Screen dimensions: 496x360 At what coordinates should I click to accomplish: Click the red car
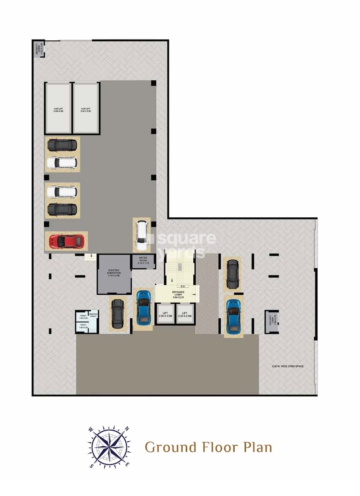[x=66, y=241]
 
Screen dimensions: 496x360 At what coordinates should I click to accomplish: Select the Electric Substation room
[x=114, y=274]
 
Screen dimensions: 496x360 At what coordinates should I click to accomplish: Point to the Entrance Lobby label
[x=177, y=293]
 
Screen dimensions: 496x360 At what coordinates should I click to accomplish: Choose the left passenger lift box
[x=165, y=314]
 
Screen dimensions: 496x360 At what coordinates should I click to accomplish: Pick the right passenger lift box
[x=185, y=314]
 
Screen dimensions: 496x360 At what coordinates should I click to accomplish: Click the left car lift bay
[x=58, y=108]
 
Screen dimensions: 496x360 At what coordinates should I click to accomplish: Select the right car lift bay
[x=86, y=108]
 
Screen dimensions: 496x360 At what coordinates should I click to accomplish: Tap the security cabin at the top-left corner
[x=39, y=48]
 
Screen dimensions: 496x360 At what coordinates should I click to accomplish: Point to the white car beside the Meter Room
[x=141, y=236]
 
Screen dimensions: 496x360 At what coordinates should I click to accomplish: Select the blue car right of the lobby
[x=232, y=316]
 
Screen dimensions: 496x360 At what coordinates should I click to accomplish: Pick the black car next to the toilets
[x=117, y=314]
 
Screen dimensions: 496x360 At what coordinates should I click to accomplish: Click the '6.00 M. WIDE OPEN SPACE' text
[x=287, y=366]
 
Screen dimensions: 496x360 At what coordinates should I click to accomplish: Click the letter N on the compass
[x=127, y=428]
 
